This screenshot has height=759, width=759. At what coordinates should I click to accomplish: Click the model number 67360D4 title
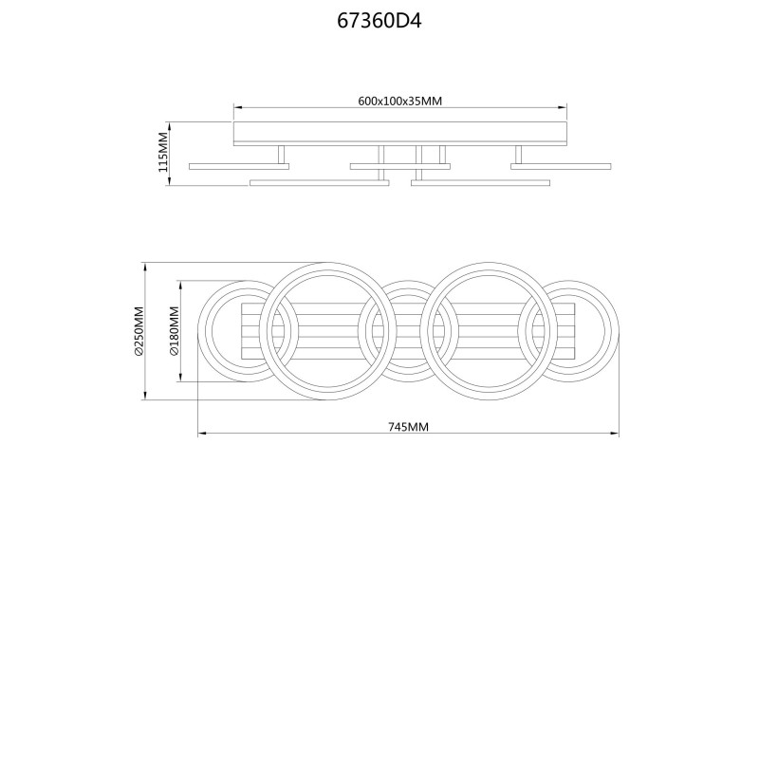click(379, 21)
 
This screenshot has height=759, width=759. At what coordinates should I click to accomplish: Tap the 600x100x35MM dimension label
click(399, 101)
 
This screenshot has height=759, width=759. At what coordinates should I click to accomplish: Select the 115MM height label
click(163, 152)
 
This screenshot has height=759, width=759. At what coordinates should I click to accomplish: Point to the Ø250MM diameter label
click(139, 331)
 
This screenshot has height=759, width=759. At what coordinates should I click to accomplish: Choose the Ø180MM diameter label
click(175, 331)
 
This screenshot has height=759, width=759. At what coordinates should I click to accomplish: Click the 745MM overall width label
click(408, 426)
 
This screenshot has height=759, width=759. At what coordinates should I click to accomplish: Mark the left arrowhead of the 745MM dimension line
click(202, 434)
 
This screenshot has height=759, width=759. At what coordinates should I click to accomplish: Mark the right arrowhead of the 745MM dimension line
click(615, 434)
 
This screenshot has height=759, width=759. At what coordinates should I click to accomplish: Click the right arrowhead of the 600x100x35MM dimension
click(563, 107)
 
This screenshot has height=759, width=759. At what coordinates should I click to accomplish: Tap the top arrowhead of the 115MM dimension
click(169, 126)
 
